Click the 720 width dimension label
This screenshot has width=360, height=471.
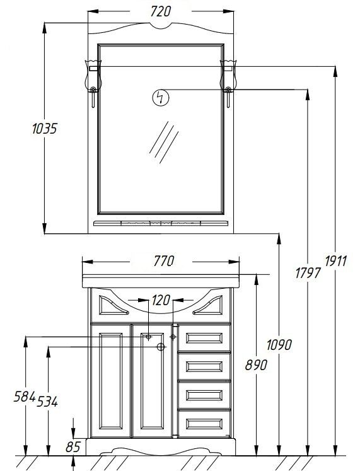click(x=161, y=11)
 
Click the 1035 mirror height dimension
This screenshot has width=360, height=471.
click(x=44, y=129)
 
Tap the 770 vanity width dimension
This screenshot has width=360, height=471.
click(x=164, y=261)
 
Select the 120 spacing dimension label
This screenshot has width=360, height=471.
click(x=161, y=300)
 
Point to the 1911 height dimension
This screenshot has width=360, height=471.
click(x=336, y=261)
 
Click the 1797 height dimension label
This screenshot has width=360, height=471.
click(x=308, y=274)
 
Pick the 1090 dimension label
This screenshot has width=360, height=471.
click(x=279, y=345)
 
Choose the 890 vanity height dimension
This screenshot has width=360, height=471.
click(x=256, y=365)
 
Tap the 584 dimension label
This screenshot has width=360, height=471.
click(x=25, y=397)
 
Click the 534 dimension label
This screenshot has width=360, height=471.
click(x=47, y=402)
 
